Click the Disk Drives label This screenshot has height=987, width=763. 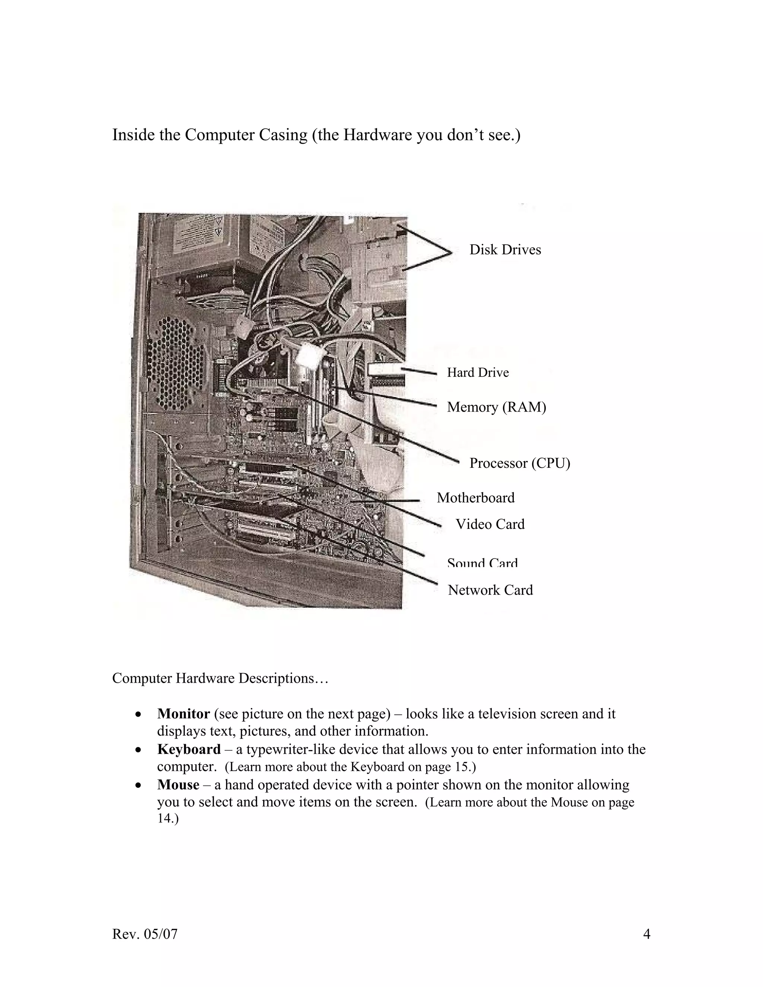click(505, 250)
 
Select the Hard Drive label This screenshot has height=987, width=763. click(478, 372)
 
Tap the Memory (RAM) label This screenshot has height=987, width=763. click(496, 407)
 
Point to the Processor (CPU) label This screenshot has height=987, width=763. click(519, 463)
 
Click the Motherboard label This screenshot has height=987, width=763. click(475, 498)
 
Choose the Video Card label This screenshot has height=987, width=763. click(490, 524)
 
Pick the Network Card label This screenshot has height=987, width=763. click(490, 590)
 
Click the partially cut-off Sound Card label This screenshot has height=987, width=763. click(482, 564)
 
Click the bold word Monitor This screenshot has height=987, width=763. click(184, 714)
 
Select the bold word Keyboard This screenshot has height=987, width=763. click(189, 749)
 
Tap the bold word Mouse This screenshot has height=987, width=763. click(178, 785)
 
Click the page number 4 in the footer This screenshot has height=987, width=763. click(646, 934)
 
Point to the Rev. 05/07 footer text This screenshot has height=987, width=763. click(145, 934)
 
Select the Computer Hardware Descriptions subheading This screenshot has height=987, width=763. click(220, 678)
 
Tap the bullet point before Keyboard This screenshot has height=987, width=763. click(139, 750)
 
